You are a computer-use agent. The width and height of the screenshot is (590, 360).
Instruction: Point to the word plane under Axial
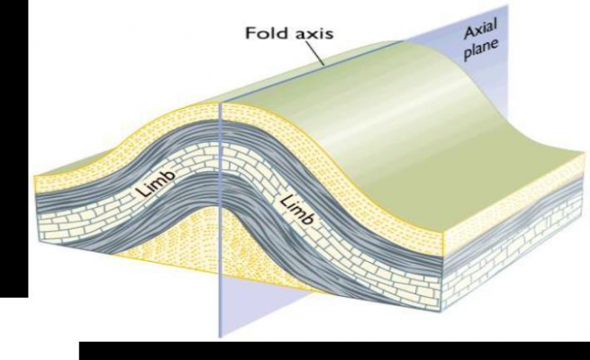point(482,49)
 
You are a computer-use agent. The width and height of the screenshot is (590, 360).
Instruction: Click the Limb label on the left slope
point(156,184)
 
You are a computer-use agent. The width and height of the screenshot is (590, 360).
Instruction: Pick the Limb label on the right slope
point(297,210)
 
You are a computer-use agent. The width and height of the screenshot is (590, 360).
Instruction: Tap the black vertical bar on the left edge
point(14,148)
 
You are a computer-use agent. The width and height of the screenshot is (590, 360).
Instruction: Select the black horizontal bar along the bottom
point(334,351)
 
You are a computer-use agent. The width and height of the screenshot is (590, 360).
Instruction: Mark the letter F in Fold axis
point(251,32)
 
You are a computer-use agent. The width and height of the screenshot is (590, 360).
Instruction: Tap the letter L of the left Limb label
point(141,192)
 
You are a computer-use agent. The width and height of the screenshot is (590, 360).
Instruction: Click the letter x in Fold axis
point(313,34)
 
